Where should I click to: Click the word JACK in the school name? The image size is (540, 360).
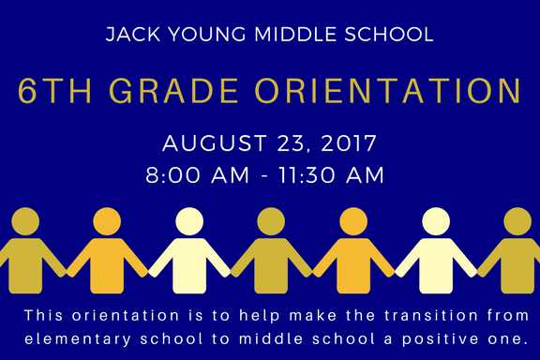tap(133, 34)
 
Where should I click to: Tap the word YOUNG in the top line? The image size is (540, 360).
tap(207, 34)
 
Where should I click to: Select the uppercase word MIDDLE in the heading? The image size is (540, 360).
tap(295, 34)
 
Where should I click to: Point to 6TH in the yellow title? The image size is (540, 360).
tap(54, 91)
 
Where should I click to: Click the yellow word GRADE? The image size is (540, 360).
tap(173, 91)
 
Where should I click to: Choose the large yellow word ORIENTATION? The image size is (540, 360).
tap(388, 91)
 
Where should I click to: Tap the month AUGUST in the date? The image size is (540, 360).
tap(215, 142)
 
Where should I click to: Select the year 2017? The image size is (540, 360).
tap(349, 142)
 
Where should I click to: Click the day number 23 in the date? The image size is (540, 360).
tap(292, 143)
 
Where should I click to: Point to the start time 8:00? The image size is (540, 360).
tap(172, 174)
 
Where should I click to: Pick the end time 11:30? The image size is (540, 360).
tap(307, 174)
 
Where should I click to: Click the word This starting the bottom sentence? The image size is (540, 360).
tap(44, 315)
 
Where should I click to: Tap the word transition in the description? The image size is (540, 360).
tap(431, 315)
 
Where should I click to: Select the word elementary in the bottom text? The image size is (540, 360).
tap(78, 339)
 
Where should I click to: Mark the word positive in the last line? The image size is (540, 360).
tap(441, 339)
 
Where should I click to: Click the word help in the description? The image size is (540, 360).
tap(260, 315)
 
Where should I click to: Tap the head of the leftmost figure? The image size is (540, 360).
tap(25, 221)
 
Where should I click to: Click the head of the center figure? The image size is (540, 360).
tap(271, 221)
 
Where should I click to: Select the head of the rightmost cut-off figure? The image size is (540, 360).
tap(517, 221)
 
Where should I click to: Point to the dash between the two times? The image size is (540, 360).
tap(264, 175)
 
